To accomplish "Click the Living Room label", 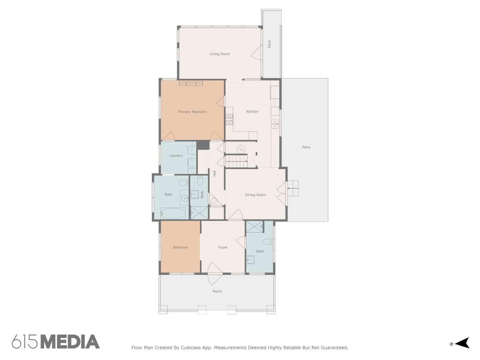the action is (x=220, y=54).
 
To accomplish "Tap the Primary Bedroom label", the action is (x=192, y=112).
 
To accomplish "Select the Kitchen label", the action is (x=252, y=112).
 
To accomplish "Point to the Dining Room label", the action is (x=255, y=194).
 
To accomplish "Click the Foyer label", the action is (x=223, y=247).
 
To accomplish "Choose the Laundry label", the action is (x=176, y=156).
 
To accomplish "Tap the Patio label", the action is (x=306, y=147).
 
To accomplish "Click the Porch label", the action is (x=217, y=291).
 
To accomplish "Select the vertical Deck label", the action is (x=269, y=44).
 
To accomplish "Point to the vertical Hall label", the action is (x=214, y=173).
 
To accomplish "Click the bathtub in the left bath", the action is (x=173, y=213).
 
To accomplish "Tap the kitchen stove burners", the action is (x=229, y=119).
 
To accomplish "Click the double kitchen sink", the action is (x=275, y=124).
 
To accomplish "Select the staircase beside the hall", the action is (x=236, y=161).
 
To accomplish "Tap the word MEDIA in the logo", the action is (x=70, y=342).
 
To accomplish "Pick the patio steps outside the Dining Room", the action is (x=293, y=188).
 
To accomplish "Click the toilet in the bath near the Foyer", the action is (x=268, y=242).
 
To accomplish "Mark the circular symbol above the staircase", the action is (x=241, y=150).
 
